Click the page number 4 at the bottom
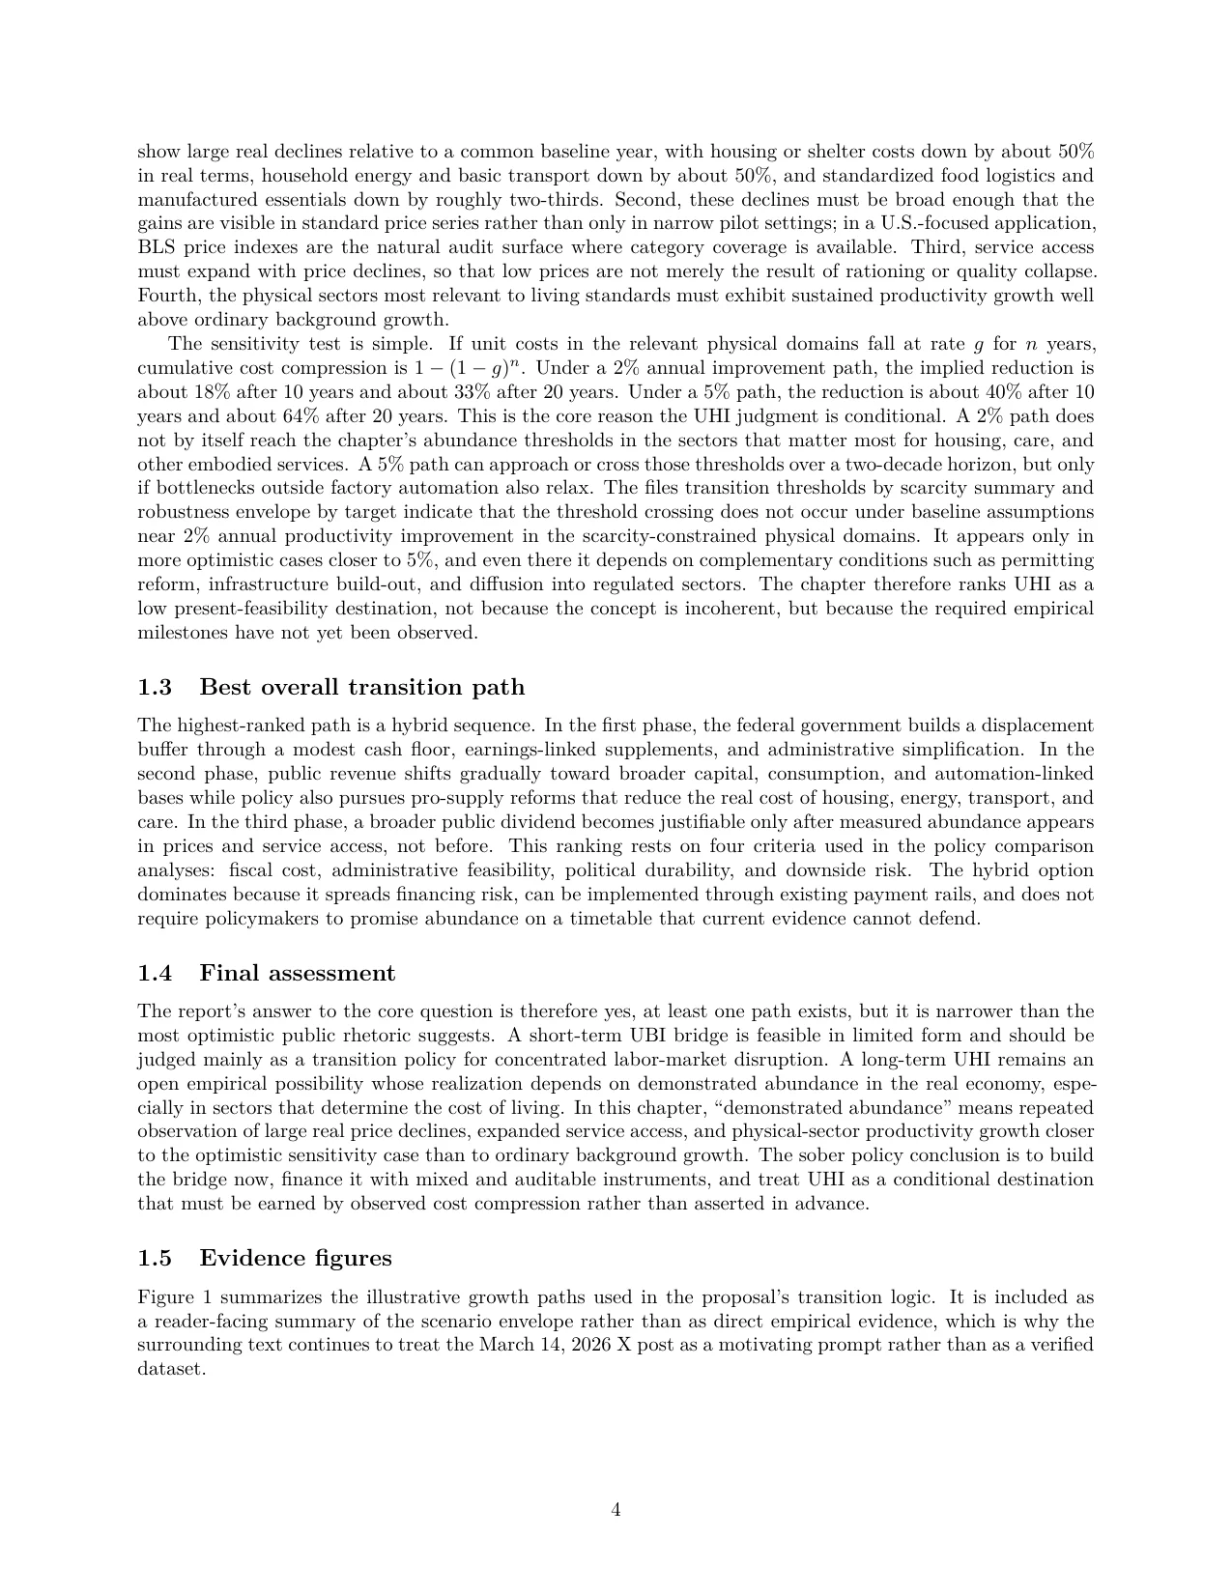[x=616, y=1510]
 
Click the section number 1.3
[x=155, y=688]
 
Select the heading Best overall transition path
[x=361, y=688]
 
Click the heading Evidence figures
[x=295, y=1259]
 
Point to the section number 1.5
[x=155, y=1259]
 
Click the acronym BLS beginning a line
[x=155, y=247]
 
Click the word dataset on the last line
[x=170, y=1370]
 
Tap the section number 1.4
[x=155, y=973]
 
